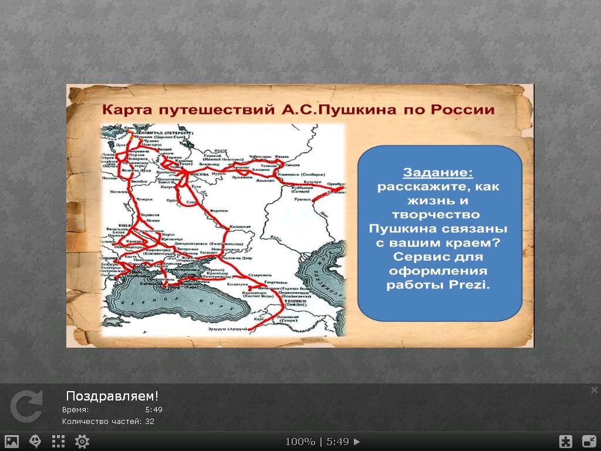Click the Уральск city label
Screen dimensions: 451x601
click(x=303, y=200)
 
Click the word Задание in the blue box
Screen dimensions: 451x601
click(x=438, y=173)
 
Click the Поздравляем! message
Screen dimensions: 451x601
click(x=112, y=395)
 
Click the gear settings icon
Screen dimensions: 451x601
click(x=82, y=442)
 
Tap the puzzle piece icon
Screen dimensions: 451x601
click(x=565, y=442)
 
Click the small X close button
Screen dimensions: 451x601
click(x=594, y=390)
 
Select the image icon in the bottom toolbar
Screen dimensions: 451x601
click(x=12, y=442)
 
